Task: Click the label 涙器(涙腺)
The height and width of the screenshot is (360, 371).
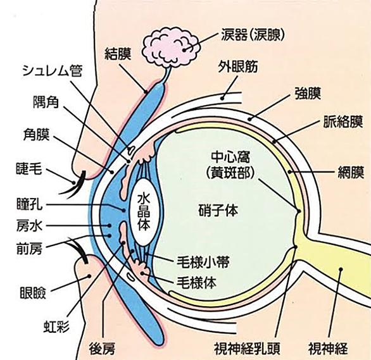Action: (x=253, y=35)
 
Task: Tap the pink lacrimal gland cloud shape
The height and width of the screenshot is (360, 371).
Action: (x=170, y=47)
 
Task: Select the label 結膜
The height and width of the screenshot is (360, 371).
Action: (x=118, y=54)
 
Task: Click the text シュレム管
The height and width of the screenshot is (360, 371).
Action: (x=53, y=70)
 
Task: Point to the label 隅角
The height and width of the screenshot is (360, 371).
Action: (x=46, y=102)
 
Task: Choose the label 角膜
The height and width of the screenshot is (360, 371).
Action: (x=36, y=134)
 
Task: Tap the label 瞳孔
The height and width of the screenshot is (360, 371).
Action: (x=30, y=204)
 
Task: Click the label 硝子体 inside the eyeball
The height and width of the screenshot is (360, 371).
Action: (x=218, y=210)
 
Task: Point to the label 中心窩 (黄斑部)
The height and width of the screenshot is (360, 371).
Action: (x=230, y=164)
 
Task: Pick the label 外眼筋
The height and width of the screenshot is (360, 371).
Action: (x=238, y=66)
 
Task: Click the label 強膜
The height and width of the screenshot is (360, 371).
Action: (x=308, y=93)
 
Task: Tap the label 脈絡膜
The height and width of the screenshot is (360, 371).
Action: (x=343, y=122)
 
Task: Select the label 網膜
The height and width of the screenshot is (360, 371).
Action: (x=350, y=172)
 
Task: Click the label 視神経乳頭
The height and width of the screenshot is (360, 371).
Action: (x=248, y=348)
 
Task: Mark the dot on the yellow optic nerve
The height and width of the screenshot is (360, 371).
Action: (x=341, y=269)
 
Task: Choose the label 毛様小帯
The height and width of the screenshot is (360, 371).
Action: (x=203, y=261)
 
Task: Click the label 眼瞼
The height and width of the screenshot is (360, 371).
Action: (x=33, y=293)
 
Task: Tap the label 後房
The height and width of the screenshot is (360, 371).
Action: (x=102, y=349)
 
